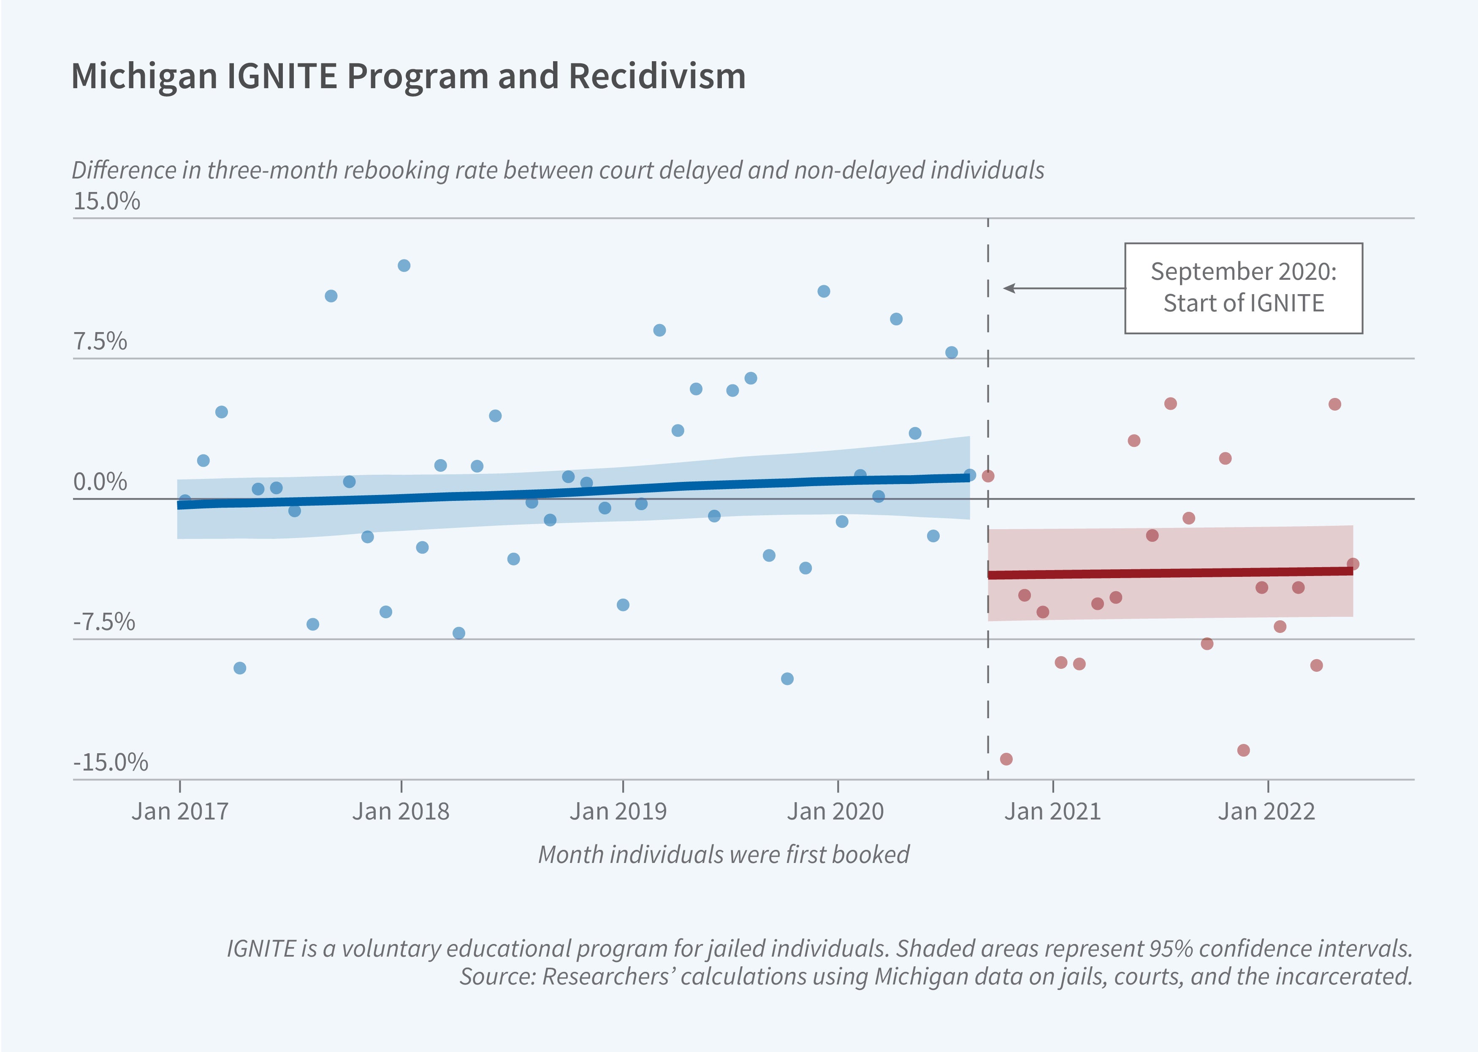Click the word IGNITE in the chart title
click(x=282, y=76)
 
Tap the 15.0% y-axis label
click(x=106, y=201)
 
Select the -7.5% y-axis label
click(x=104, y=622)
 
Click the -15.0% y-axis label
click(x=110, y=763)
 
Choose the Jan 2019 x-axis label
click(x=618, y=811)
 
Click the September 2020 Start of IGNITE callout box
click(x=1243, y=288)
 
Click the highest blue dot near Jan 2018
click(x=404, y=265)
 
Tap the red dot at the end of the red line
click(x=1352, y=564)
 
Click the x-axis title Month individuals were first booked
click(x=724, y=855)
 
